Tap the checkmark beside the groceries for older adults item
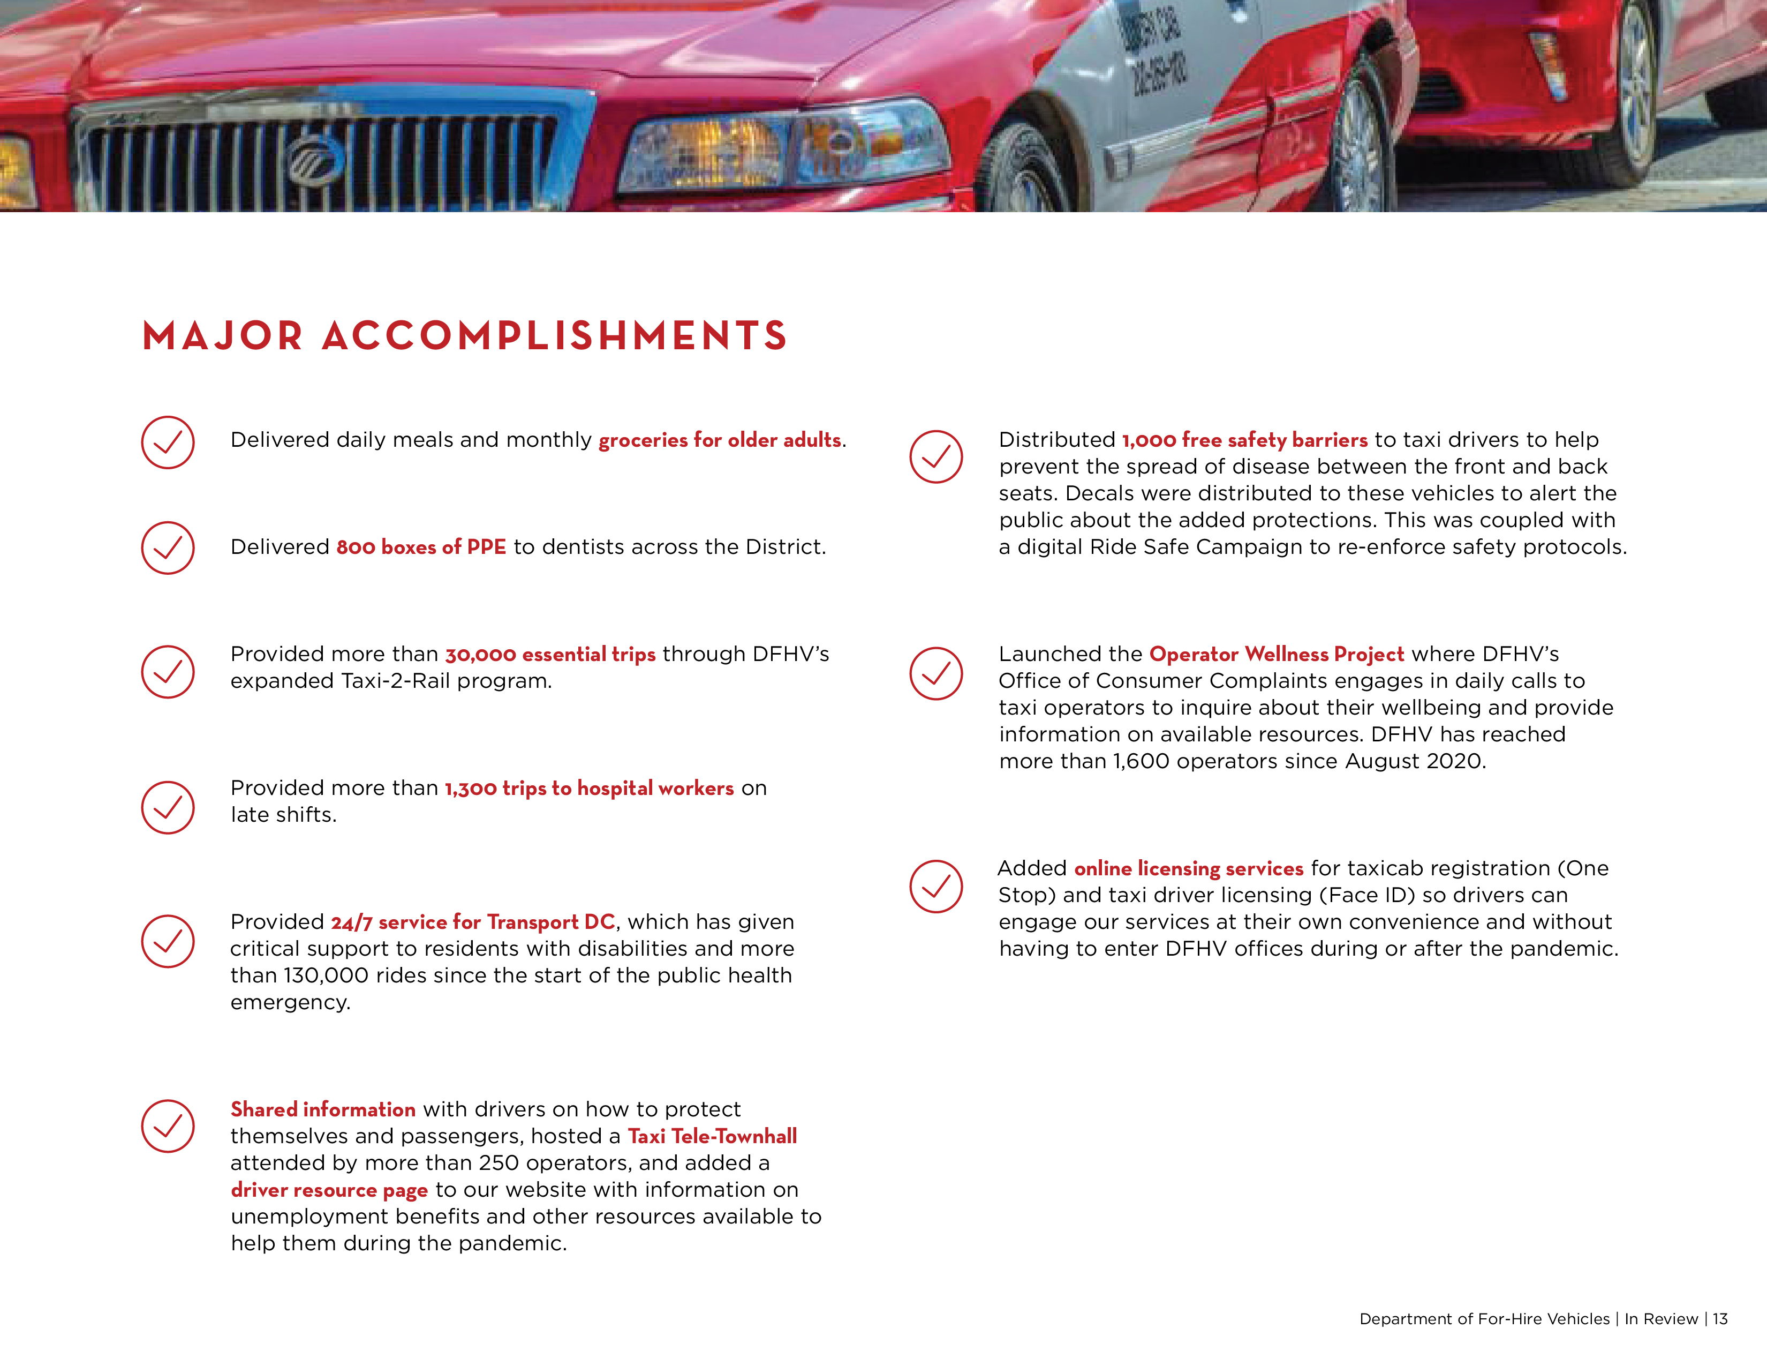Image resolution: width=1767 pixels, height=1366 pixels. [168, 442]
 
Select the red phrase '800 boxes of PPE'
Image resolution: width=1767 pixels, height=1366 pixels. [421, 547]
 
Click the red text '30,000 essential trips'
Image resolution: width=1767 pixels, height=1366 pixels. [550, 654]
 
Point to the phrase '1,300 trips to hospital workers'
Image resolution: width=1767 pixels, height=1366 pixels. [589, 788]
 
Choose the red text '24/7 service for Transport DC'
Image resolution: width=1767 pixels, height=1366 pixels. [472, 922]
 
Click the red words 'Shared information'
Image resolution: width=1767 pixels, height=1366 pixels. [323, 1109]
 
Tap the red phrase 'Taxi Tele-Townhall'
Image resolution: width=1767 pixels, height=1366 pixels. [712, 1136]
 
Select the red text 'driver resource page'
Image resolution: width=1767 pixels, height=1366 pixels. [329, 1190]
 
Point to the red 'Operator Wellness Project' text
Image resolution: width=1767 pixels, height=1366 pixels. [1276, 654]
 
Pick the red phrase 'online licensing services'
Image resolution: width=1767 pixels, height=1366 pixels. [1189, 868]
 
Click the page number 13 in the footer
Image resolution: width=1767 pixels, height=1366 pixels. [1720, 1319]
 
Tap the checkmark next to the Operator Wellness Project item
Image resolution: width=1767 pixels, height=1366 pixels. [936, 673]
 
